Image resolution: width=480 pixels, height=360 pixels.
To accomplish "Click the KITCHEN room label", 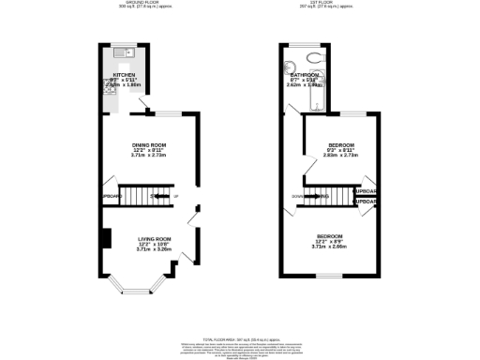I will (x=125, y=74).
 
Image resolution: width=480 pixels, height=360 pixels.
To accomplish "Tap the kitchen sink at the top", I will (x=125, y=52).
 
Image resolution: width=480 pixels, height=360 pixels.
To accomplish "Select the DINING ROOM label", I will (x=150, y=143).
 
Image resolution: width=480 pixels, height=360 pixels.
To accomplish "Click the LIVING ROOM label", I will (x=150, y=239).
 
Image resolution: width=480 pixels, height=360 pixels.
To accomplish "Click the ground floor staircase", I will (x=151, y=196).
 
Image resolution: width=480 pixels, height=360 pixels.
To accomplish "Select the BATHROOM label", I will (x=306, y=74).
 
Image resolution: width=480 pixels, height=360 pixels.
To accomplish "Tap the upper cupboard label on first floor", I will (x=366, y=191).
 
